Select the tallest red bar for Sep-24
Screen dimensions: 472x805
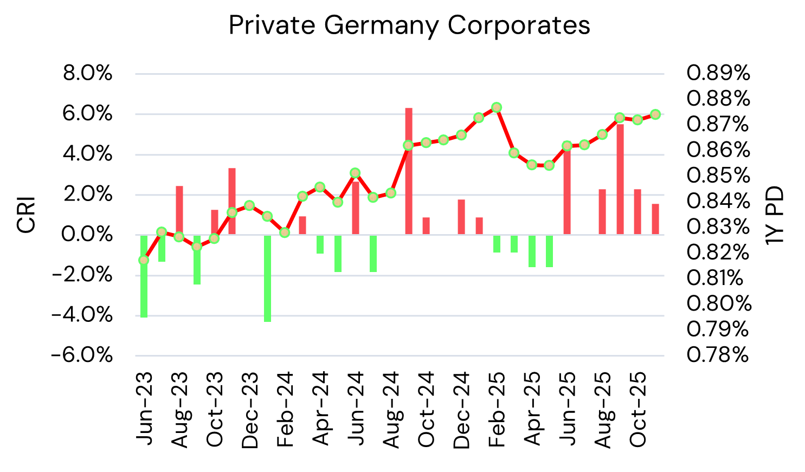tap(409, 171)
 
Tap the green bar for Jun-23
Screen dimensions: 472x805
tap(144, 276)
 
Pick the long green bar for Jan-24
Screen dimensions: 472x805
tap(267, 278)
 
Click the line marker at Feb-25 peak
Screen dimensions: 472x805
tap(497, 107)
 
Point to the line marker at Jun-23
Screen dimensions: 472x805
tap(144, 260)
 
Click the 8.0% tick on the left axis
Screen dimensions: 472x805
tap(88, 73)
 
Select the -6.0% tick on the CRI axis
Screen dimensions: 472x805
tap(82, 355)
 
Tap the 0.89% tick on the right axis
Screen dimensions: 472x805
tap(718, 73)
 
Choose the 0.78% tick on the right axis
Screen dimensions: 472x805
tap(718, 355)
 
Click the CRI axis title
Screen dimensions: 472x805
tap(26, 215)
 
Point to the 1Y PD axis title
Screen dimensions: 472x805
tap(775, 215)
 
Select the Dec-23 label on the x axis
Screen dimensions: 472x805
tap(250, 410)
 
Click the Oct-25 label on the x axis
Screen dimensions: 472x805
tap(638, 410)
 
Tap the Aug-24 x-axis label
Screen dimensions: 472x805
tap(391, 410)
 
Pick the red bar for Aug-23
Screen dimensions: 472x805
tap(179, 210)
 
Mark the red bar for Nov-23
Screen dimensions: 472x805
tap(232, 201)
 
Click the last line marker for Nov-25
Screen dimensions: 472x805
tap(655, 114)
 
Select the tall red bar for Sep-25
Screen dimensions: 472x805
tap(620, 179)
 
